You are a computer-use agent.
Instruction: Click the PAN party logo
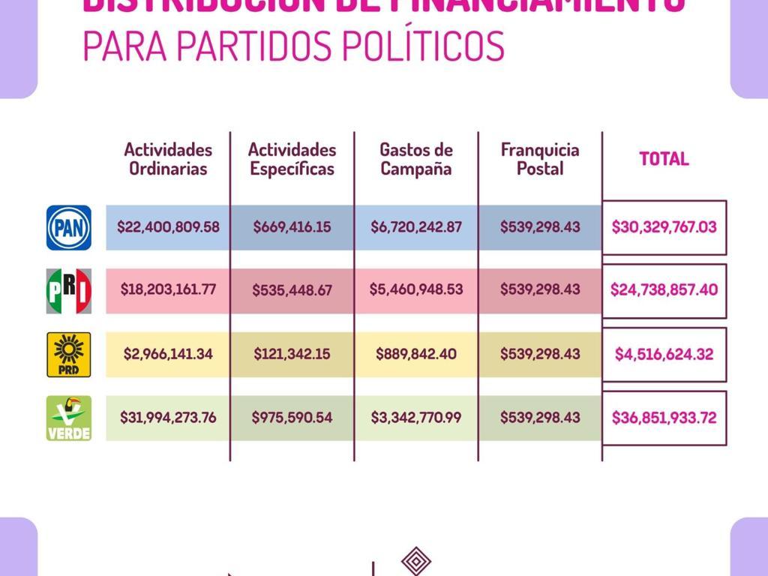tap(69, 227)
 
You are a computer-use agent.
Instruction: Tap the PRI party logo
tap(69, 291)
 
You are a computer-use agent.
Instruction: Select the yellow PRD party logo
tap(69, 354)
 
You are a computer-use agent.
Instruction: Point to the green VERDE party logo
tap(69, 418)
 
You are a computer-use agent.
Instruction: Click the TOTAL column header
tap(664, 159)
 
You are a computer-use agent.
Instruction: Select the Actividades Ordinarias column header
tap(168, 159)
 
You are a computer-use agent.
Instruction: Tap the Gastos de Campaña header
tap(416, 159)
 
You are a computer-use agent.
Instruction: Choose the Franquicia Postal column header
tap(540, 159)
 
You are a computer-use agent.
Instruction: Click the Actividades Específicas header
tap(292, 159)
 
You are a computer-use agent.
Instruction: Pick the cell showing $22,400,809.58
tap(168, 226)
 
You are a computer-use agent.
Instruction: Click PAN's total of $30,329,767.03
tap(664, 226)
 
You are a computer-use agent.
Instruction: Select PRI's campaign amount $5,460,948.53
tap(416, 289)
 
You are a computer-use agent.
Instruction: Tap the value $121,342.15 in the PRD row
tap(292, 354)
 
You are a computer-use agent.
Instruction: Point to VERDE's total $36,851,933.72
tap(664, 418)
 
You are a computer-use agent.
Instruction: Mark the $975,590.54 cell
tap(292, 418)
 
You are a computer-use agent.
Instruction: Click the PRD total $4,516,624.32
tap(664, 354)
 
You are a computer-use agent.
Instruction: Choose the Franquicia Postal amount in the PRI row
tap(540, 289)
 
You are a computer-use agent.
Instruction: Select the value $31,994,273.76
tap(168, 418)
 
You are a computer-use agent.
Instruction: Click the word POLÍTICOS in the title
tap(423, 46)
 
